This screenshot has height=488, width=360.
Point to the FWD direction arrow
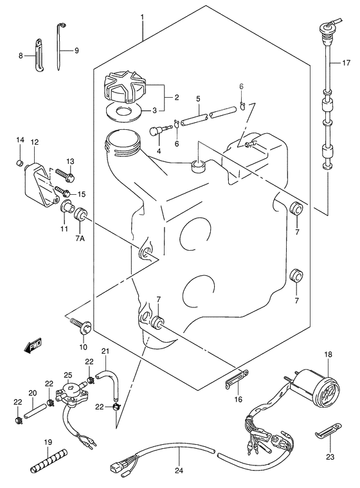(32, 347)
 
